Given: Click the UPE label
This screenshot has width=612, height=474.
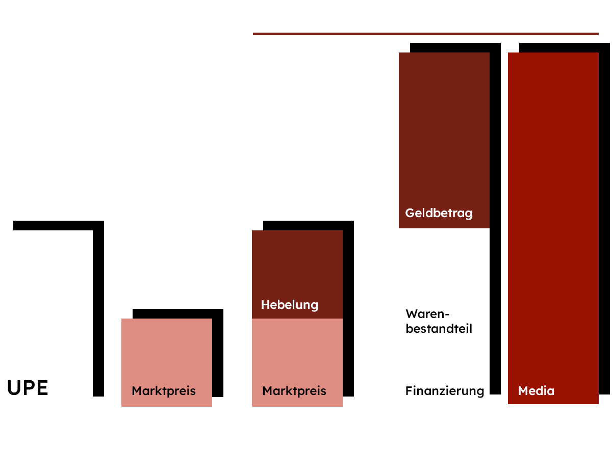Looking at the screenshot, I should pos(28,388).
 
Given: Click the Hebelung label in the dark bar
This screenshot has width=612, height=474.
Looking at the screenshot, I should pos(289,305).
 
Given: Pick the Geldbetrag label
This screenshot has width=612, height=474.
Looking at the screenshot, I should pos(439,213).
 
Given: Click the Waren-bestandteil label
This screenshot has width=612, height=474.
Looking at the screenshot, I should pos(439,321).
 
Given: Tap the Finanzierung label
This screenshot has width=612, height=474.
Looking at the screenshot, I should pos(445,391).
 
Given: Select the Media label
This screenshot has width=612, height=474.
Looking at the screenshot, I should pos(536,391).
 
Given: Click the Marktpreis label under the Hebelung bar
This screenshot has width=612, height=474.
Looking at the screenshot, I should pos(294,391).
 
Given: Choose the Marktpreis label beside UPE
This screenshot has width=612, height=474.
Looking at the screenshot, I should pos(164,391).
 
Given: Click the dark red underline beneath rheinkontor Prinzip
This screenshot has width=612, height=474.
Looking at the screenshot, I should pos(425,34).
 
